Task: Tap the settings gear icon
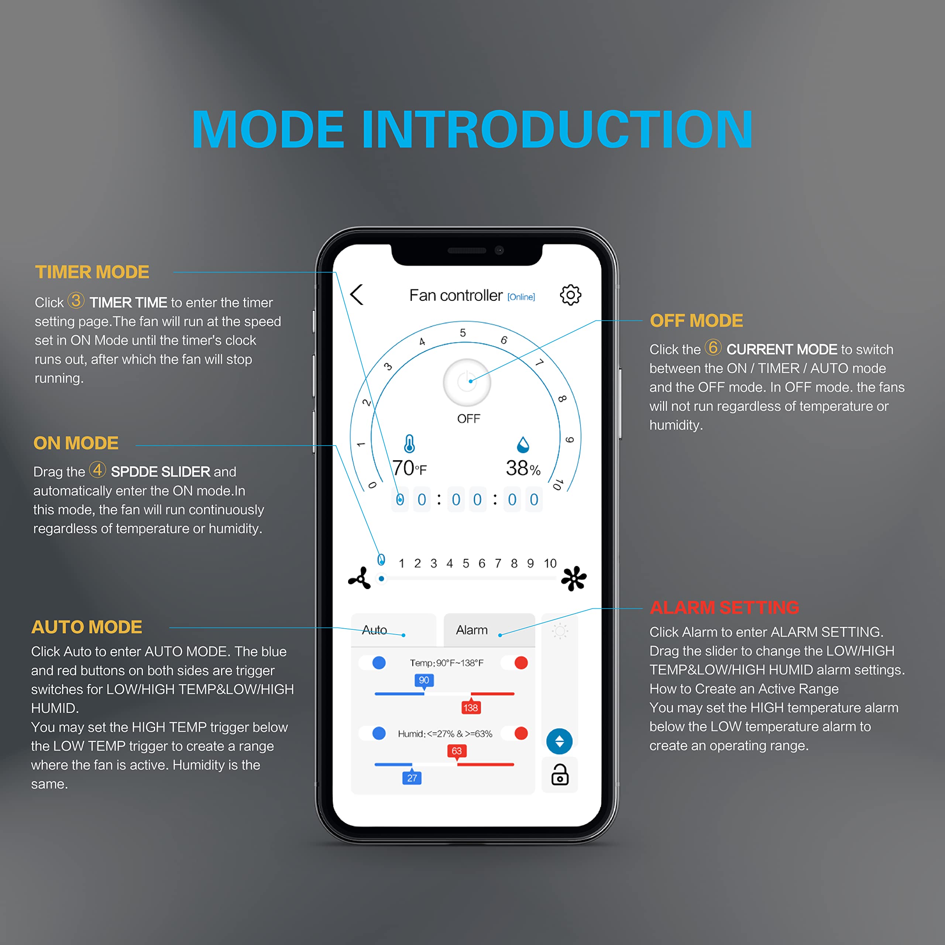point(570,295)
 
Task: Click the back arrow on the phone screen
point(357,295)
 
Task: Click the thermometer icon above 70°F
point(409,444)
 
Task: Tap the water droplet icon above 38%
point(523,444)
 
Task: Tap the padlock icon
point(560,775)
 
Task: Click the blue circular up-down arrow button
point(560,742)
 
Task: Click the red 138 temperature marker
point(471,707)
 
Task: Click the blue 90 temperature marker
point(424,681)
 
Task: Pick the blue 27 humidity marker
point(412,777)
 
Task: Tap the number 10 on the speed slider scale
point(550,563)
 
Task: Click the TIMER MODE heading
point(92,272)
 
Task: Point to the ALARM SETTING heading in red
point(724,608)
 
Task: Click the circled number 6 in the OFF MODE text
point(713,347)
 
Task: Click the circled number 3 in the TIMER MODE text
point(76,300)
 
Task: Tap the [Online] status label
point(521,297)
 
